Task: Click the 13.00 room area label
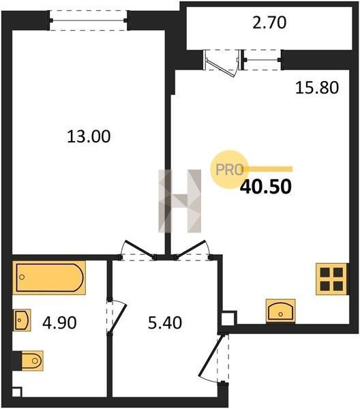pos(89,136)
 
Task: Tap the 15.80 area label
pos(316,88)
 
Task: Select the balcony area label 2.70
pos(269,22)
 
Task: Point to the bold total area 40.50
pos(265,187)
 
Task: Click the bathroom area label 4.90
pos(59,322)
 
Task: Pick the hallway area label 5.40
pos(165,322)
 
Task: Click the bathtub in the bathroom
pos(49,277)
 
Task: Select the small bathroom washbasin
pos(22,320)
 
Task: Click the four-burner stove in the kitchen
pos(332,279)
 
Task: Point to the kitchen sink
pos(280,311)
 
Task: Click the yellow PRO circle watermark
pos(229,170)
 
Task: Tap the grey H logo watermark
pos(180,201)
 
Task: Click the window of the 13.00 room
pos(89,20)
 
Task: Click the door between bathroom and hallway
pos(119,316)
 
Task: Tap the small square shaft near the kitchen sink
pos(228,319)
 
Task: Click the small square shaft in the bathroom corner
pos(16,393)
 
